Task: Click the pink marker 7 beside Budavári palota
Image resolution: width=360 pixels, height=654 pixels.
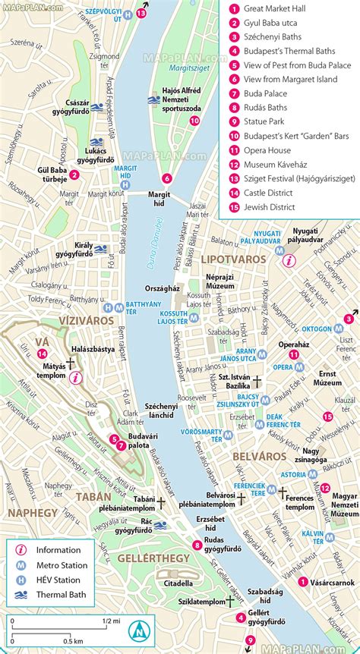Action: tap(122, 445)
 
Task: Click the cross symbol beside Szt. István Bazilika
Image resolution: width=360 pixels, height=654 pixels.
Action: tap(258, 383)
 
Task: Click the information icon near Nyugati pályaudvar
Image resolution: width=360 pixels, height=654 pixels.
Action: tap(288, 260)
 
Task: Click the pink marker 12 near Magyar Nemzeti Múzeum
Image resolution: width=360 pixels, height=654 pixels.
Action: tap(325, 488)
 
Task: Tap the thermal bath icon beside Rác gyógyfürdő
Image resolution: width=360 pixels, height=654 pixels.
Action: tap(159, 524)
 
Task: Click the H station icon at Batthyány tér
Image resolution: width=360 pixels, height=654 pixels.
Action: tap(110, 307)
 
